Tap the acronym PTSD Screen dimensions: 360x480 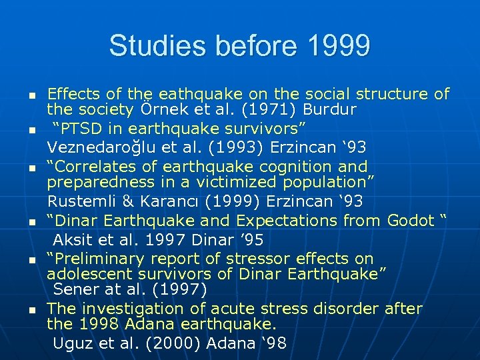point(81,127)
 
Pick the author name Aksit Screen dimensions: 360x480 point(75,239)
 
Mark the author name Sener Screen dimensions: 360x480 point(76,289)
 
